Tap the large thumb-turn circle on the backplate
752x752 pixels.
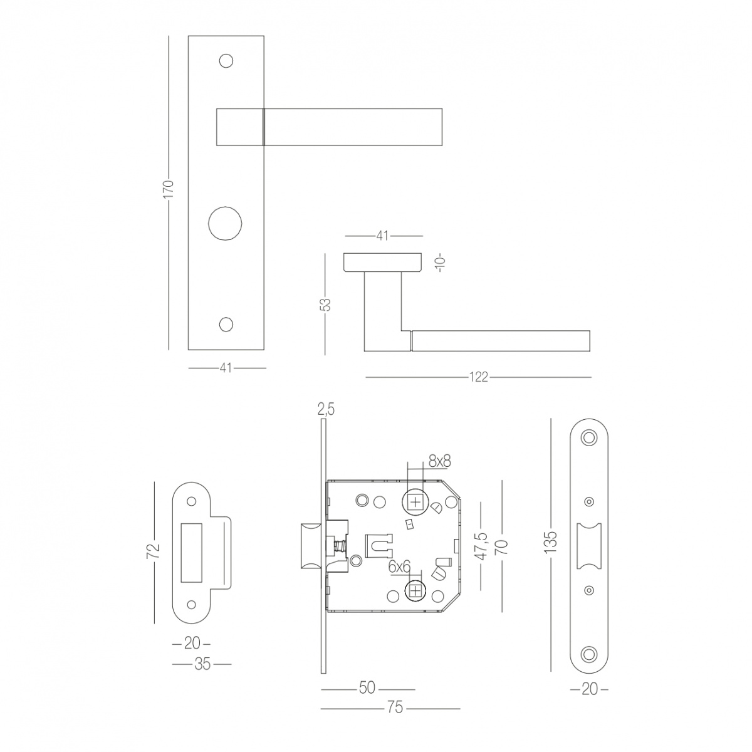[225, 223]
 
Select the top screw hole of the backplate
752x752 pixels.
[226, 61]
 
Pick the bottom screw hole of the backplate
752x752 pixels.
[226, 325]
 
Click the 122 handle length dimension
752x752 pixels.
[478, 377]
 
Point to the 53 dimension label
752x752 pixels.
[325, 304]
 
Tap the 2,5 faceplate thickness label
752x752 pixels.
[326, 410]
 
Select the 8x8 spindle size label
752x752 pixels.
[439, 461]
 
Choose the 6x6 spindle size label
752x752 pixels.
[400, 567]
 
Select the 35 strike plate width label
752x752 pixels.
[202, 664]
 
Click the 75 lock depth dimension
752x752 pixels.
[395, 708]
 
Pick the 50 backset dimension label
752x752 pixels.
[367, 688]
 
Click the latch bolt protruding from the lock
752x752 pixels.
[311, 546]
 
